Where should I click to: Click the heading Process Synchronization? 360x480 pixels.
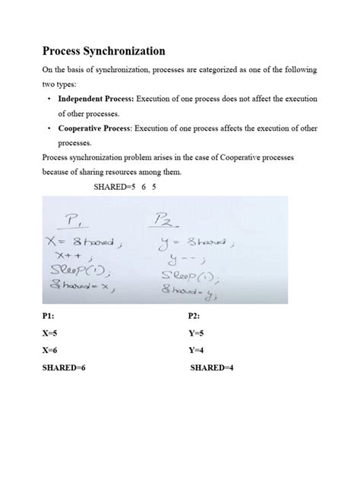[103, 51]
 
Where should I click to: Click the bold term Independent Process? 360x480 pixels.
[93, 99]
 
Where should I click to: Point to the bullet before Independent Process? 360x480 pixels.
[49, 99]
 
